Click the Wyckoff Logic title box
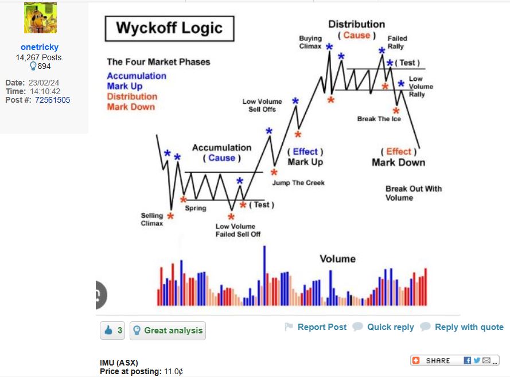tap(169, 29)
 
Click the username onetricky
tap(40, 47)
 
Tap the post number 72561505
tap(52, 100)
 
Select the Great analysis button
tap(168, 331)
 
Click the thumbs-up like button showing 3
tap(112, 331)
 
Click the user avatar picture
tap(40, 18)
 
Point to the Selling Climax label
tap(152, 220)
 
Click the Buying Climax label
tap(310, 42)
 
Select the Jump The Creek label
tap(298, 183)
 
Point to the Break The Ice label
tap(379, 119)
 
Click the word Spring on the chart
tap(196, 208)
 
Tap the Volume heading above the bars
tap(338, 259)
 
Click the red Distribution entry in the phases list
tap(132, 96)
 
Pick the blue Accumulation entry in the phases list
tap(137, 76)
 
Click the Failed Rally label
tap(397, 42)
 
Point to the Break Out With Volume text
tap(414, 193)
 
